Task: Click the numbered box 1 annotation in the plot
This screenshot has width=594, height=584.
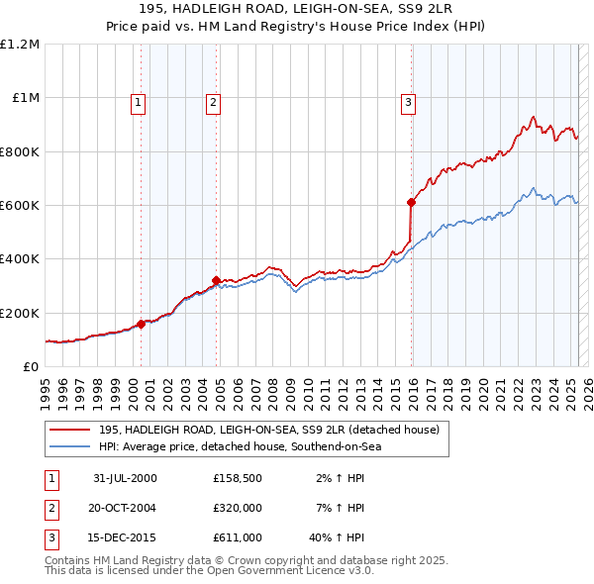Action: [x=138, y=100]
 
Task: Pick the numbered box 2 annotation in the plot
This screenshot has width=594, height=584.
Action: [x=213, y=100]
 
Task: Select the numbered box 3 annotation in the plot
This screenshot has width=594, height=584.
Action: [x=407, y=100]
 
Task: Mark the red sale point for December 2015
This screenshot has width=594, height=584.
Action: [x=411, y=202]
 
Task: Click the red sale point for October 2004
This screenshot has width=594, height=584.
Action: [x=216, y=280]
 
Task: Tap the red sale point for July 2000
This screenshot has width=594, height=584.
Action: [x=142, y=324]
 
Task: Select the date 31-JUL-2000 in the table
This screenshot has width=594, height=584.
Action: [x=125, y=478]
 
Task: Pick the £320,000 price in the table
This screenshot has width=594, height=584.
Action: [x=237, y=508]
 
